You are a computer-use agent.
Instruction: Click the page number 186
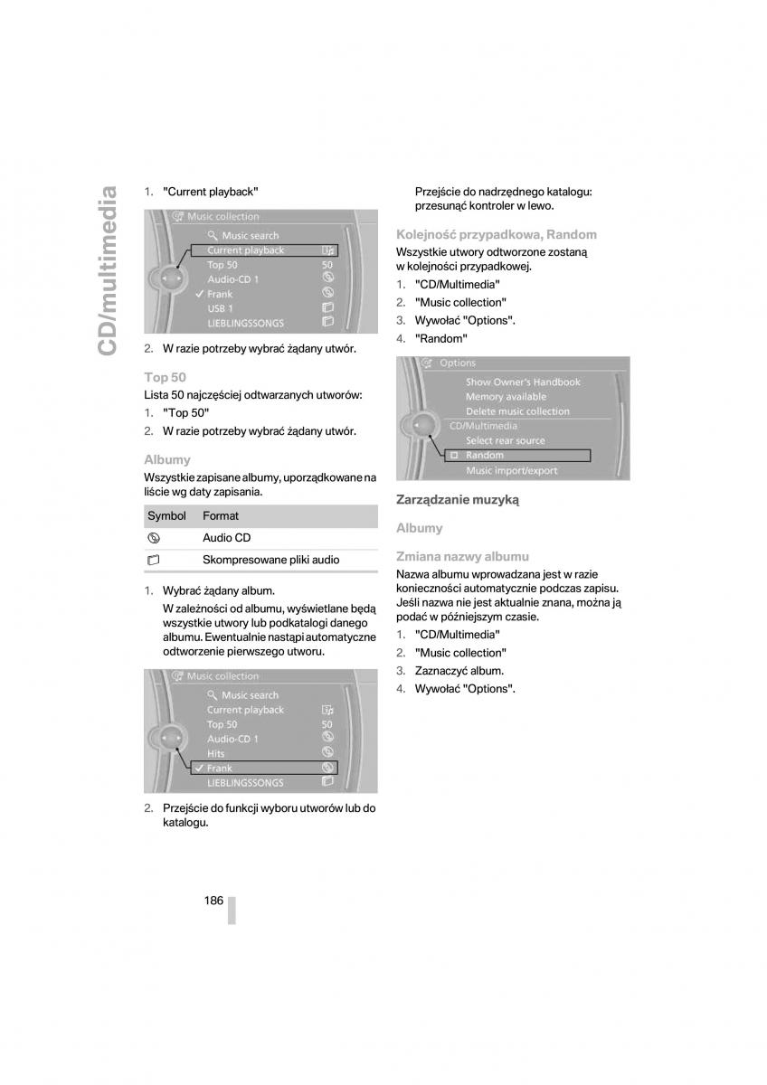point(213,900)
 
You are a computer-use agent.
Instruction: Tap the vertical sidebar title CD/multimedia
point(108,270)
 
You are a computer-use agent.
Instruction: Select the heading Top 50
point(165,377)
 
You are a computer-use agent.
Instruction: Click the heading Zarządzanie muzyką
point(458,499)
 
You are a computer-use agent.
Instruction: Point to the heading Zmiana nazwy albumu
point(462,557)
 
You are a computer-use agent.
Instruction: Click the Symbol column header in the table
point(166,516)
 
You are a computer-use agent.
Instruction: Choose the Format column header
point(221,516)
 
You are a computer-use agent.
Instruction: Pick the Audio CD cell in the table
point(226,538)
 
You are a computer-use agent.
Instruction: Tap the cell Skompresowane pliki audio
point(270,560)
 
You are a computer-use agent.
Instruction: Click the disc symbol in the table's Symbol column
point(153,538)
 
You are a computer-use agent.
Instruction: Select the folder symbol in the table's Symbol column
point(153,561)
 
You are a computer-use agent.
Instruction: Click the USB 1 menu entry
point(220,308)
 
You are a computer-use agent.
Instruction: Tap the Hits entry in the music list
point(216,753)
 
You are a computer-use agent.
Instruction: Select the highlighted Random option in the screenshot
point(485,456)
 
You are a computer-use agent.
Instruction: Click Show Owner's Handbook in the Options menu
point(523,382)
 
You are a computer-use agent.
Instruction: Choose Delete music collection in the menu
point(517,411)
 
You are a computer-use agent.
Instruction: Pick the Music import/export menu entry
point(511,471)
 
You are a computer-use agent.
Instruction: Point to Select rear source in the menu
point(505,441)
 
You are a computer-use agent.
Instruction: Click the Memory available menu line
point(506,397)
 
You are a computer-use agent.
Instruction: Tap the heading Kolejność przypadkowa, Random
point(497,235)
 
